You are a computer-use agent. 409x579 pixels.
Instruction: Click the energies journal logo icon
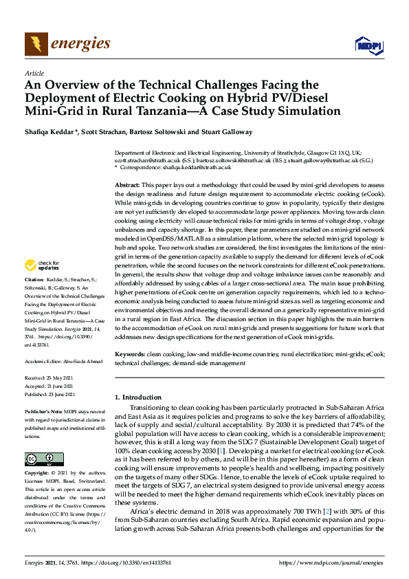point(36,45)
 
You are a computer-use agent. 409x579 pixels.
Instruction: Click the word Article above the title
point(34,73)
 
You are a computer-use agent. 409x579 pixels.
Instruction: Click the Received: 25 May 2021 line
point(49,378)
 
